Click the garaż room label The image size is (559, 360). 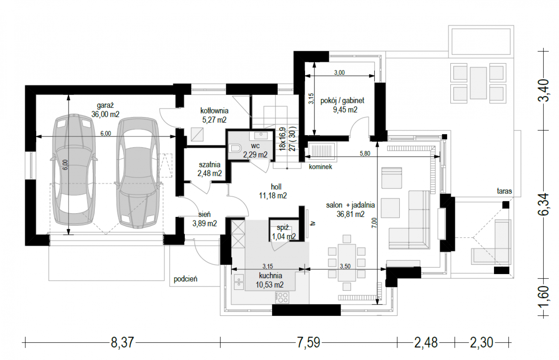[x=105, y=105]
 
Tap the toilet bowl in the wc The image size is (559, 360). [x=234, y=148]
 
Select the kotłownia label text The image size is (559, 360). [x=215, y=110]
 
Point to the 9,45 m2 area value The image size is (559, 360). [x=345, y=110]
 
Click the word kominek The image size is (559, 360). [x=320, y=167]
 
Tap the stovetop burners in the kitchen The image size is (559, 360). [x=282, y=297]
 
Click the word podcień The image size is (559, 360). [x=186, y=279]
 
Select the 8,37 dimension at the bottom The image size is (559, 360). [x=122, y=342]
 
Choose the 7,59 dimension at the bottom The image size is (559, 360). [x=308, y=342]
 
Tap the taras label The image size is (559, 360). [x=504, y=191]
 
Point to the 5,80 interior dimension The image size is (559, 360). [x=365, y=153]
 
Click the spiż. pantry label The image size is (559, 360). [x=283, y=228]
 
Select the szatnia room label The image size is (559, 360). [x=210, y=165]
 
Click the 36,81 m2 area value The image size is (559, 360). [x=350, y=214]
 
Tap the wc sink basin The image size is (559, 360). [x=261, y=136]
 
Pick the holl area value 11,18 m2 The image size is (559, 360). [x=273, y=195]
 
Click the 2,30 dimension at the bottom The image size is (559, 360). [x=482, y=342]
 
